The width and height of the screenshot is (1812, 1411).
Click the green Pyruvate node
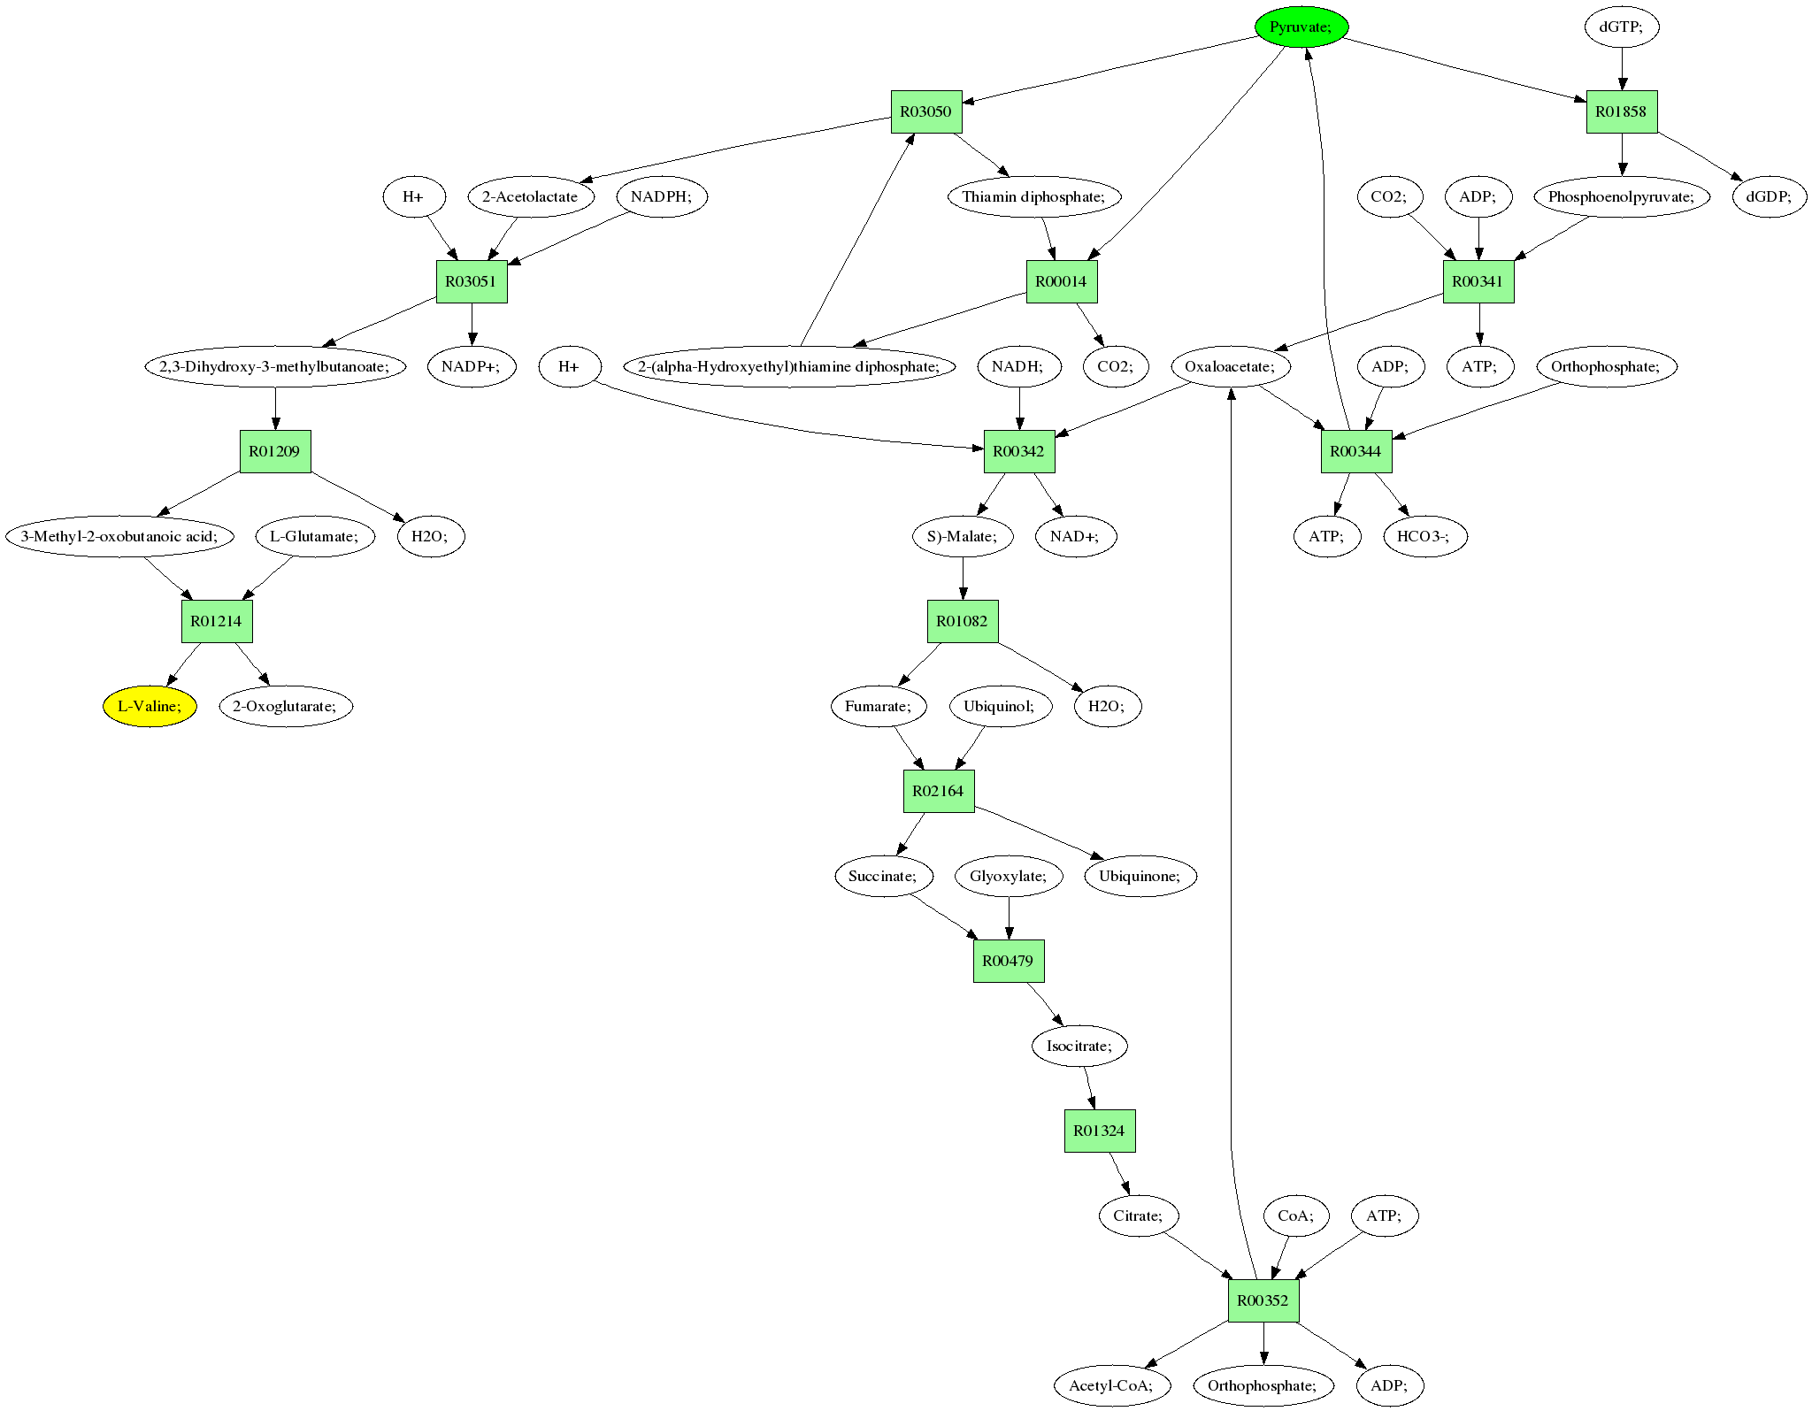coord(1301,27)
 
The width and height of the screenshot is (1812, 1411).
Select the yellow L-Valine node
coord(150,706)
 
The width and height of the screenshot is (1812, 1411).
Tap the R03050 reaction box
coord(925,111)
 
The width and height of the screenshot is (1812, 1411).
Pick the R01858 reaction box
coord(1621,111)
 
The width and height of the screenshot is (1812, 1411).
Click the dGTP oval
coord(1621,27)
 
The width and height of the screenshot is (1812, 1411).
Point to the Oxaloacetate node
coord(1230,366)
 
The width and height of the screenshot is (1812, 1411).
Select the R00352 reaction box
coord(1263,1300)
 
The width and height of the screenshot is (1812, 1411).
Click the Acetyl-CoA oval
coord(1111,1385)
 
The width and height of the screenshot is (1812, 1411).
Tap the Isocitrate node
coord(1079,1046)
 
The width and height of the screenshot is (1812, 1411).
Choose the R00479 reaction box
coord(1009,961)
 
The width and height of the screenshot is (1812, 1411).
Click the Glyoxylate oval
coord(1009,876)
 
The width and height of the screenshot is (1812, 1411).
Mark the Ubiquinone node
coord(1140,876)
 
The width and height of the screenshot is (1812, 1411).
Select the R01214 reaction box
coord(217,621)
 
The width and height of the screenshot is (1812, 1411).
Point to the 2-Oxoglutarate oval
coord(285,706)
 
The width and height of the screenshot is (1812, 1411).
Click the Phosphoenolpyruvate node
coord(1621,196)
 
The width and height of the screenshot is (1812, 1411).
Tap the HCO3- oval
coord(1424,536)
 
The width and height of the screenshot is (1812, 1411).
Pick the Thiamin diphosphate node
coord(1034,196)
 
